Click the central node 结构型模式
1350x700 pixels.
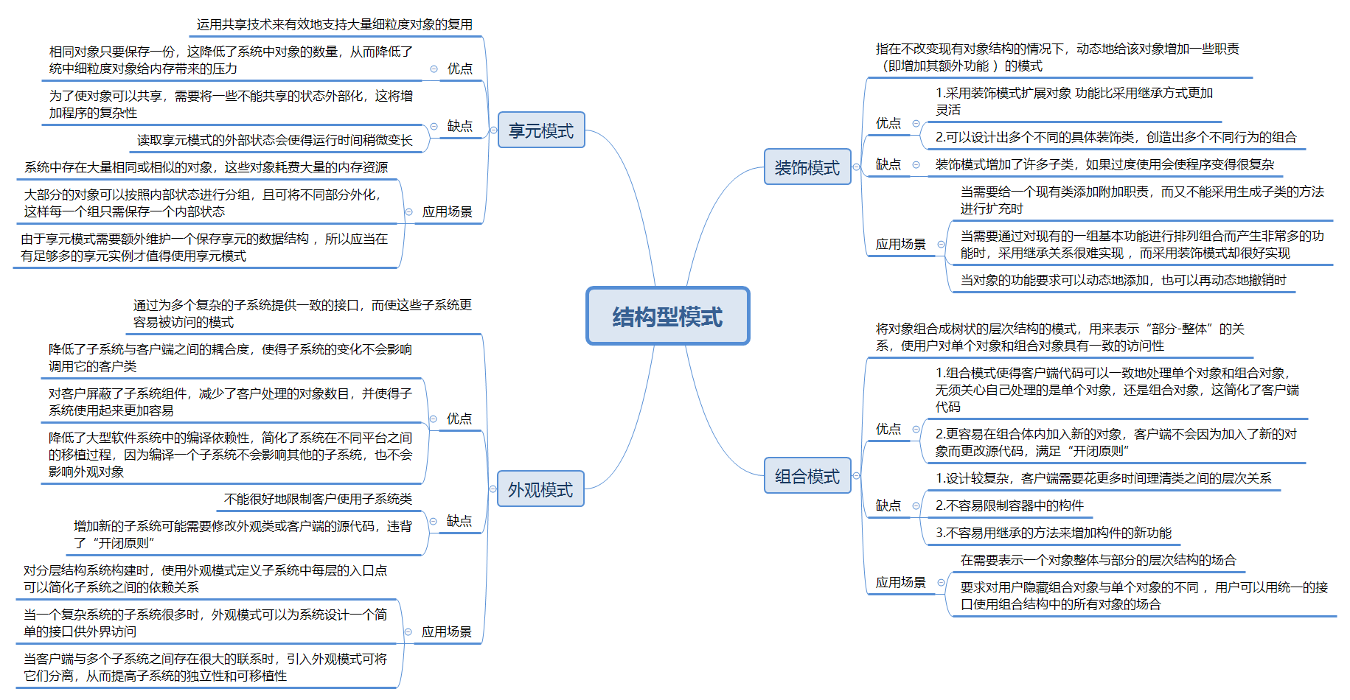click(x=667, y=316)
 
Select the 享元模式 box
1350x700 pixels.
click(x=541, y=130)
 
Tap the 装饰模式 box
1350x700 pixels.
click(x=807, y=167)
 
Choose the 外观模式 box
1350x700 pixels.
click(x=540, y=489)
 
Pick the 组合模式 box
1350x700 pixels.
click(x=807, y=476)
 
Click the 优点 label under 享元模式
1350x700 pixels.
click(x=459, y=69)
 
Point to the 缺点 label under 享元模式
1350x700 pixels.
click(x=459, y=126)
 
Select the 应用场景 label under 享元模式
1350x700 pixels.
click(x=447, y=211)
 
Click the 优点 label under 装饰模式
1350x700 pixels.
click(x=888, y=123)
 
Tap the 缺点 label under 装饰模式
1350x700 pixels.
click(x=888, y=164)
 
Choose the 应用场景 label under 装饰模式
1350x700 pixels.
click(x=900, y=244)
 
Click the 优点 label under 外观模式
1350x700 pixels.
click(x=459, y=419)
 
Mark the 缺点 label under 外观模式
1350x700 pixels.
click(x=459, y=521)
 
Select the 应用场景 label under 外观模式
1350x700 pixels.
click(x=446, y=631)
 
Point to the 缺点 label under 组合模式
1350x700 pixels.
click(x=888, y=505)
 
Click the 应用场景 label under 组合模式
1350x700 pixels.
click(x=900, y=582)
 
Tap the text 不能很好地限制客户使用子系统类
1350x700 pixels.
click(x=318, y=499)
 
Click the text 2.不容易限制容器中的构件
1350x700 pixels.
click(x=1009, y=505)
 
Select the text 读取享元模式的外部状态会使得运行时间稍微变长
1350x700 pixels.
click(x=274, y=140)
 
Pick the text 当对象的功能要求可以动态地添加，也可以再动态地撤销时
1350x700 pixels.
click(x=1123, y=280)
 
